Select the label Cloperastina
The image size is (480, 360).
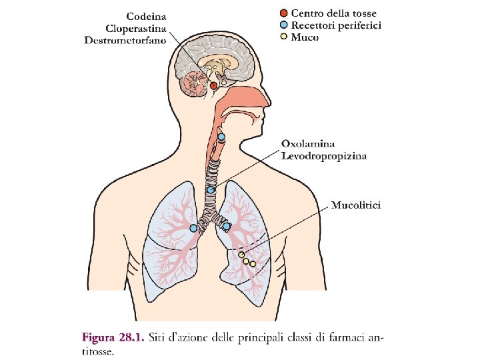point(136,28)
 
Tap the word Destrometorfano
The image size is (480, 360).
point(126,41)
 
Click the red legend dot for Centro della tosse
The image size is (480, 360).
point(284,13)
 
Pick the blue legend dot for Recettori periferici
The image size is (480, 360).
point(284,25)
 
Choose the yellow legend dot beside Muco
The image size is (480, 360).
point(284,37)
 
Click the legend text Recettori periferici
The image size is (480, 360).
point(336,25)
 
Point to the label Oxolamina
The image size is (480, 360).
point(309,143)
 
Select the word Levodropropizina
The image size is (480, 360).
point(324,156)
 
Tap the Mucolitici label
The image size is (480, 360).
point(357,205)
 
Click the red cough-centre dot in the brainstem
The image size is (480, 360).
point(213,85)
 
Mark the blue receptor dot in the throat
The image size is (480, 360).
point(221,138)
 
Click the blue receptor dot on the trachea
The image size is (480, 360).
point(210,190)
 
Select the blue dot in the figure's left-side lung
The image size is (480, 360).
point(193,228)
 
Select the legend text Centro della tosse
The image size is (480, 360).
point(333,13)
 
